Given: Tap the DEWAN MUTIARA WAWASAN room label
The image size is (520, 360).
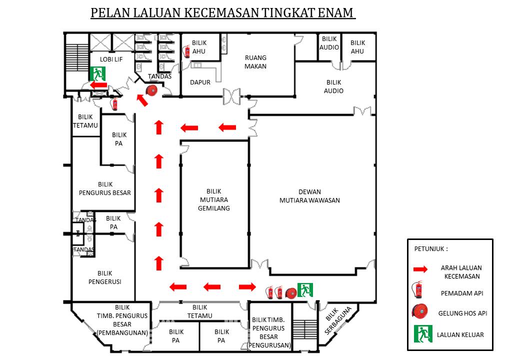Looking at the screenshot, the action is point(309,196).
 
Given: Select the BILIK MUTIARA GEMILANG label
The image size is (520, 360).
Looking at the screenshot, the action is point(213,199).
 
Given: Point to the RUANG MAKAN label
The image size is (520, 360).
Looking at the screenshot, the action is point(255,62).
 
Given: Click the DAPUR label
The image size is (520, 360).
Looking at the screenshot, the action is point(200,82).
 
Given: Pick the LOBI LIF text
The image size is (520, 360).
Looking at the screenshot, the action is point(111,59).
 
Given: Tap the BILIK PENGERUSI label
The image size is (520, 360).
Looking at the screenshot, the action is point(105,277).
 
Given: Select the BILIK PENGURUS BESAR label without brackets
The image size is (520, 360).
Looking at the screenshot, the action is point(105,188).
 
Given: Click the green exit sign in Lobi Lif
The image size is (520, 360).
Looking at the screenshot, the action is point(97,74).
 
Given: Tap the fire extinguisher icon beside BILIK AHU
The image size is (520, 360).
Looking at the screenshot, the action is point(187,51).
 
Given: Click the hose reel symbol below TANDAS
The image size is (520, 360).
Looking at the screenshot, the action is point(151,90).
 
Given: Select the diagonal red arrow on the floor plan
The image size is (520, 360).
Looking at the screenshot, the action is point(142,100).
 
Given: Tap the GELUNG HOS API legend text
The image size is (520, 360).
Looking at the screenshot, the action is point(462,313).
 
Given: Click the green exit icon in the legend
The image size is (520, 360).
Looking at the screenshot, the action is point(422,334).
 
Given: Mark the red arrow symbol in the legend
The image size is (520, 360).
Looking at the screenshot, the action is point(420,269).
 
